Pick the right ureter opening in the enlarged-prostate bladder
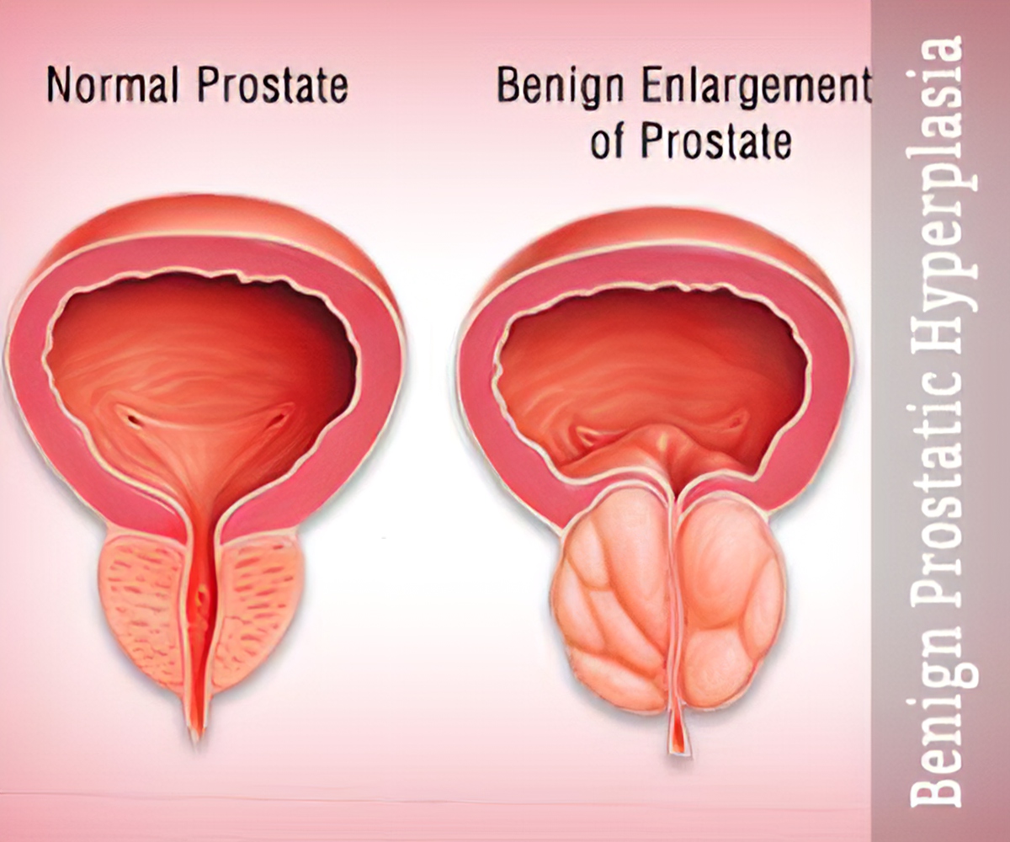click(x=734, y=418)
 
